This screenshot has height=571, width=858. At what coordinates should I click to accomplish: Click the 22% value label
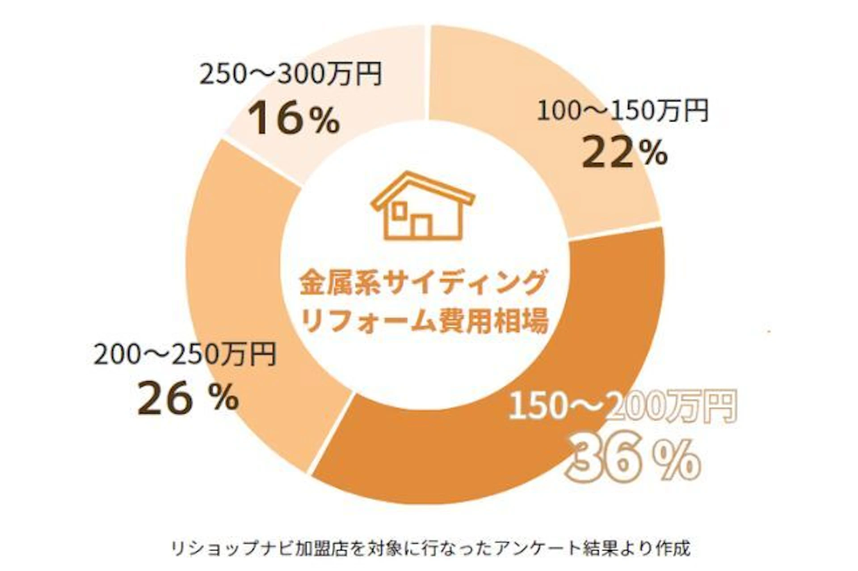pyautogui.click(x=624, y=153)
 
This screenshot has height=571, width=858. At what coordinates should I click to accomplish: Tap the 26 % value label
pyautogui.click(x=188, y=399)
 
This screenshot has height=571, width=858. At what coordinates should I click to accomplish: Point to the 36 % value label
pyautogui.click(x=634, y=460)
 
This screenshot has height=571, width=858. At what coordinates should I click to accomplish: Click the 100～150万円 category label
pyautogui.click(x=622, y=111)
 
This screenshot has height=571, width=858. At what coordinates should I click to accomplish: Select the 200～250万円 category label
pyautogui.click(x=185, y=355)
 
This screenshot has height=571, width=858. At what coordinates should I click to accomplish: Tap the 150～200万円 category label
pyautogui.click(x=622, y=406)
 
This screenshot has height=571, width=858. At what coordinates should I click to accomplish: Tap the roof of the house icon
pyautogui.click(x=422, y=185)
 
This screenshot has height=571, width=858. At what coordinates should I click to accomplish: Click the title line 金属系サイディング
pyautogui.click(x=423, y=283)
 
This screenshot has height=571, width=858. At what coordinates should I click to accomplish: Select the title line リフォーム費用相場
pyautogui.click(x=425, y=321)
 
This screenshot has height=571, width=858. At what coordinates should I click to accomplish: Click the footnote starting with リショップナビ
pyautogui.click(x=430, y=548)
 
